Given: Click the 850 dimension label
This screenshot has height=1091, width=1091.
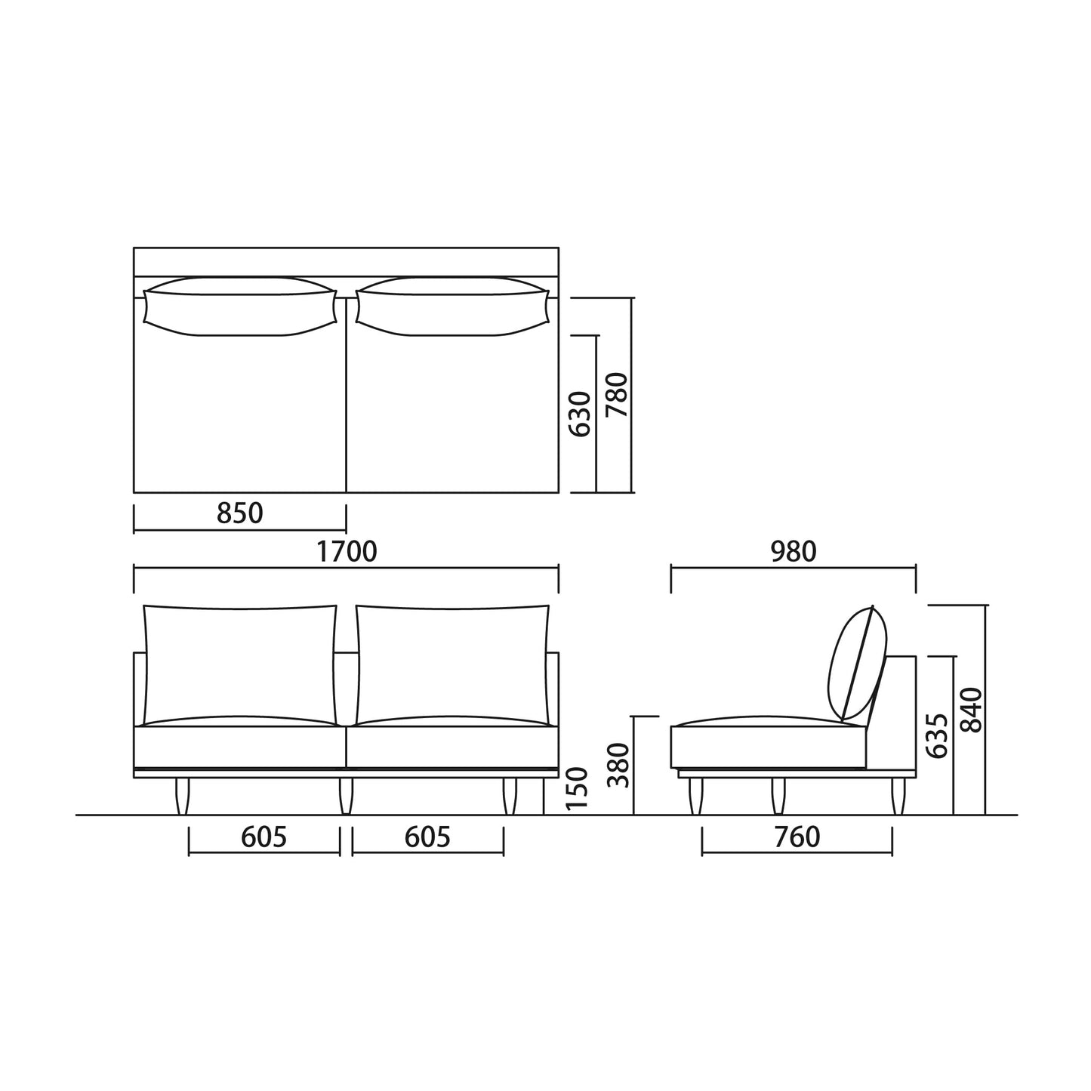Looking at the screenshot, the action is [240, 513].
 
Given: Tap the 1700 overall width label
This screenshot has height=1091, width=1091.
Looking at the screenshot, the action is [347, 551].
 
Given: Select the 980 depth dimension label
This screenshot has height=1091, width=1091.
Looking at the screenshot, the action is [794, 551].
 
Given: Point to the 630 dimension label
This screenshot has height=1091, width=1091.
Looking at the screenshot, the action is [579, 414].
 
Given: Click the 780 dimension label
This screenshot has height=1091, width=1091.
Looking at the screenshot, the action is [617, 395].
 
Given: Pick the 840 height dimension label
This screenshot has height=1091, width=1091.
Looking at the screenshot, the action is [972, 710].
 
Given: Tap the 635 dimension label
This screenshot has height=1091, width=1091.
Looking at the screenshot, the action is [937, 735].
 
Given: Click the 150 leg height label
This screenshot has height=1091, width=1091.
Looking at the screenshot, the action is [578, 789].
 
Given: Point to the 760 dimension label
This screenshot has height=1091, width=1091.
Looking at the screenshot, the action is [797, 837].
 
